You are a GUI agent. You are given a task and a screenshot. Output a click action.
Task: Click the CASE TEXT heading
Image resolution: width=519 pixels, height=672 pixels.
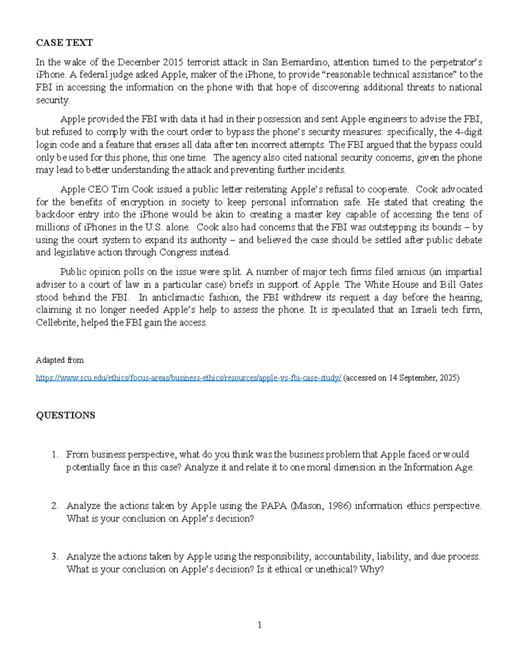tap(64, 42)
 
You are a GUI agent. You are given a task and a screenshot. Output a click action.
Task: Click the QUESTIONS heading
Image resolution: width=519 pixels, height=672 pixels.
tap(65, 415)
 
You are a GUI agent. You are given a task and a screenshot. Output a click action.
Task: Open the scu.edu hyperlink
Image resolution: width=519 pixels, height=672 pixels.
tap(189, 378)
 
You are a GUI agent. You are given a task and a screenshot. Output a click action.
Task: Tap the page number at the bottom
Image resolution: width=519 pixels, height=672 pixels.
tap(259, 625)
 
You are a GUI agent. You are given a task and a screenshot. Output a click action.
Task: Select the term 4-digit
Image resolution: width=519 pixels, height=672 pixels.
tap(467, 132)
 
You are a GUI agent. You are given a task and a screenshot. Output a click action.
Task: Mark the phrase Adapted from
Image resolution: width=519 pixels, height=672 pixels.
tap(60, 360)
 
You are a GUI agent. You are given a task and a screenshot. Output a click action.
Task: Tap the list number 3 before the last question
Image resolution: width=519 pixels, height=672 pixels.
tap(54, 556)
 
